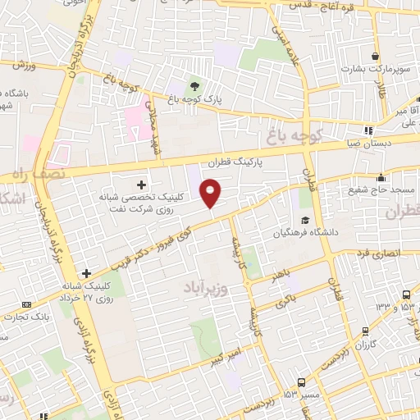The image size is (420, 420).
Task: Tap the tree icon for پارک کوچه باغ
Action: pyautogui.click(x=194, y=85)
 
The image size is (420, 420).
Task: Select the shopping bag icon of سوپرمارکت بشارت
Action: pyautogui.click(x=376, y=57)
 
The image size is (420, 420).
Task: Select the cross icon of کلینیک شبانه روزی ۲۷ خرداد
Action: pyautogui.click(x=86, y=273)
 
